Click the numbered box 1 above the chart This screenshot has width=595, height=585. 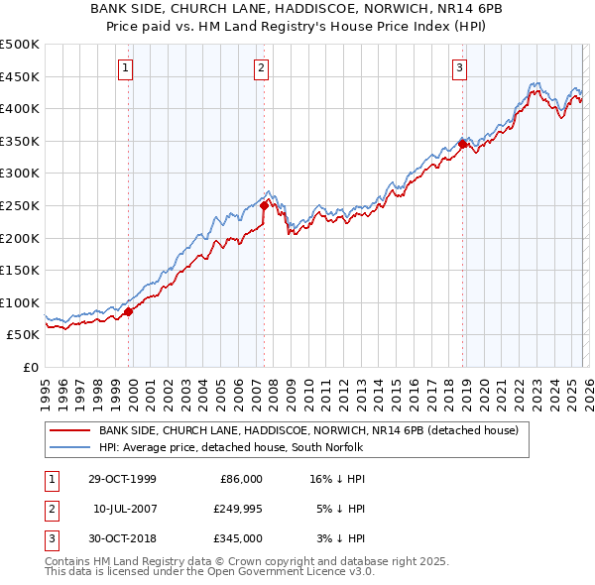point(127,68)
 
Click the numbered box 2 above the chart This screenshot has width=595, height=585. point(261,68)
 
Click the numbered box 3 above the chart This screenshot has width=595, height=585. point(460,68)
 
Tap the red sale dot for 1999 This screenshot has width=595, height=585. point(129,311)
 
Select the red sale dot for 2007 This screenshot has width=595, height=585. point(264,206)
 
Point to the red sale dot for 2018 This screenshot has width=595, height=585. point(463,145)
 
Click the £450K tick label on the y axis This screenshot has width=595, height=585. point(20,76)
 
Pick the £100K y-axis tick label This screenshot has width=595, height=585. point(20,302)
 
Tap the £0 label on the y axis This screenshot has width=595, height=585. point(30,367)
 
